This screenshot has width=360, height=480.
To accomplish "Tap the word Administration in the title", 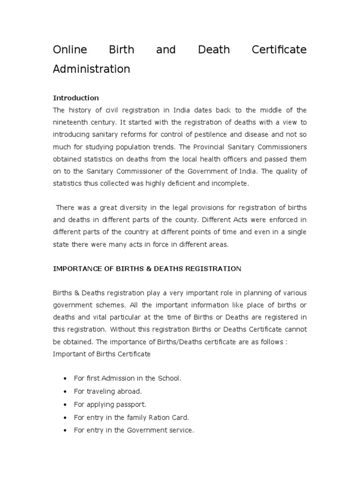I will [91, 69].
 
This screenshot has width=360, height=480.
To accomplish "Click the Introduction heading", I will [76, 98].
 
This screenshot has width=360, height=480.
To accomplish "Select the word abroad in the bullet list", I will [129, 390].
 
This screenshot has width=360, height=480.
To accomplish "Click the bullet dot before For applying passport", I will [64, 404].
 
